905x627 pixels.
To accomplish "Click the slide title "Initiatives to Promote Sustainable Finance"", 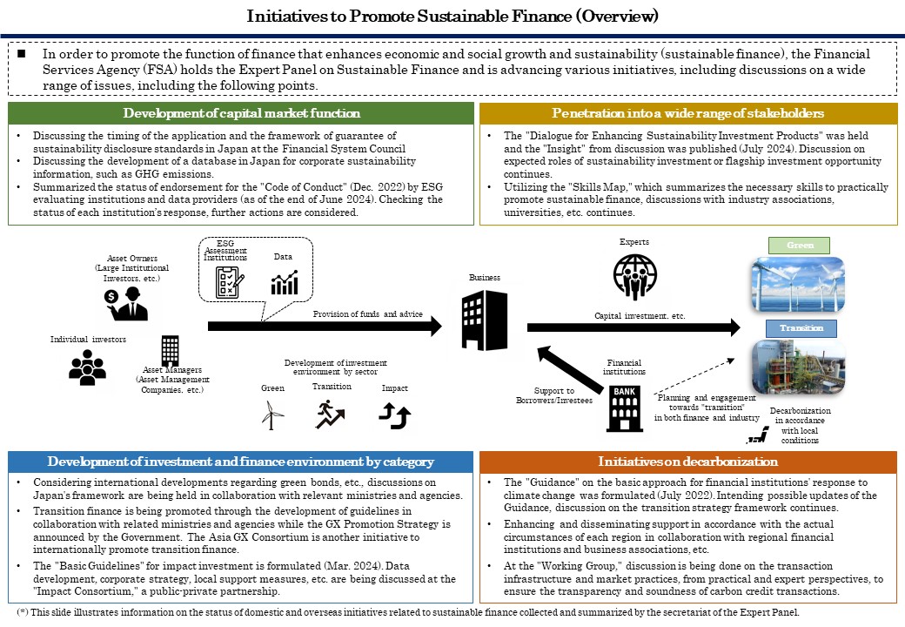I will point(452,16).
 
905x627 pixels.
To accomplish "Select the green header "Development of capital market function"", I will point(241,113).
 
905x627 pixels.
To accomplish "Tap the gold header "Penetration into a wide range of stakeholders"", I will point(688,113).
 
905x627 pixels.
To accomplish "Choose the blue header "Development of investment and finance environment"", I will point(241,462).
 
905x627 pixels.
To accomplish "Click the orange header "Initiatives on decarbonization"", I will point(688,462).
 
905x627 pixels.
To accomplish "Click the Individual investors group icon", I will point(87,367).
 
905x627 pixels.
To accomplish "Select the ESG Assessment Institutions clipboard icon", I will point(229,281).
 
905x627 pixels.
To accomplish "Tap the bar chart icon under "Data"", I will point(285,282).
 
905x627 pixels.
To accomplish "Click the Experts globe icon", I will point(633,276).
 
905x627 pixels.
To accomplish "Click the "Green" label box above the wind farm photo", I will point(800,246).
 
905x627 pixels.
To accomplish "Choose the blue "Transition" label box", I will point(800,328).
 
